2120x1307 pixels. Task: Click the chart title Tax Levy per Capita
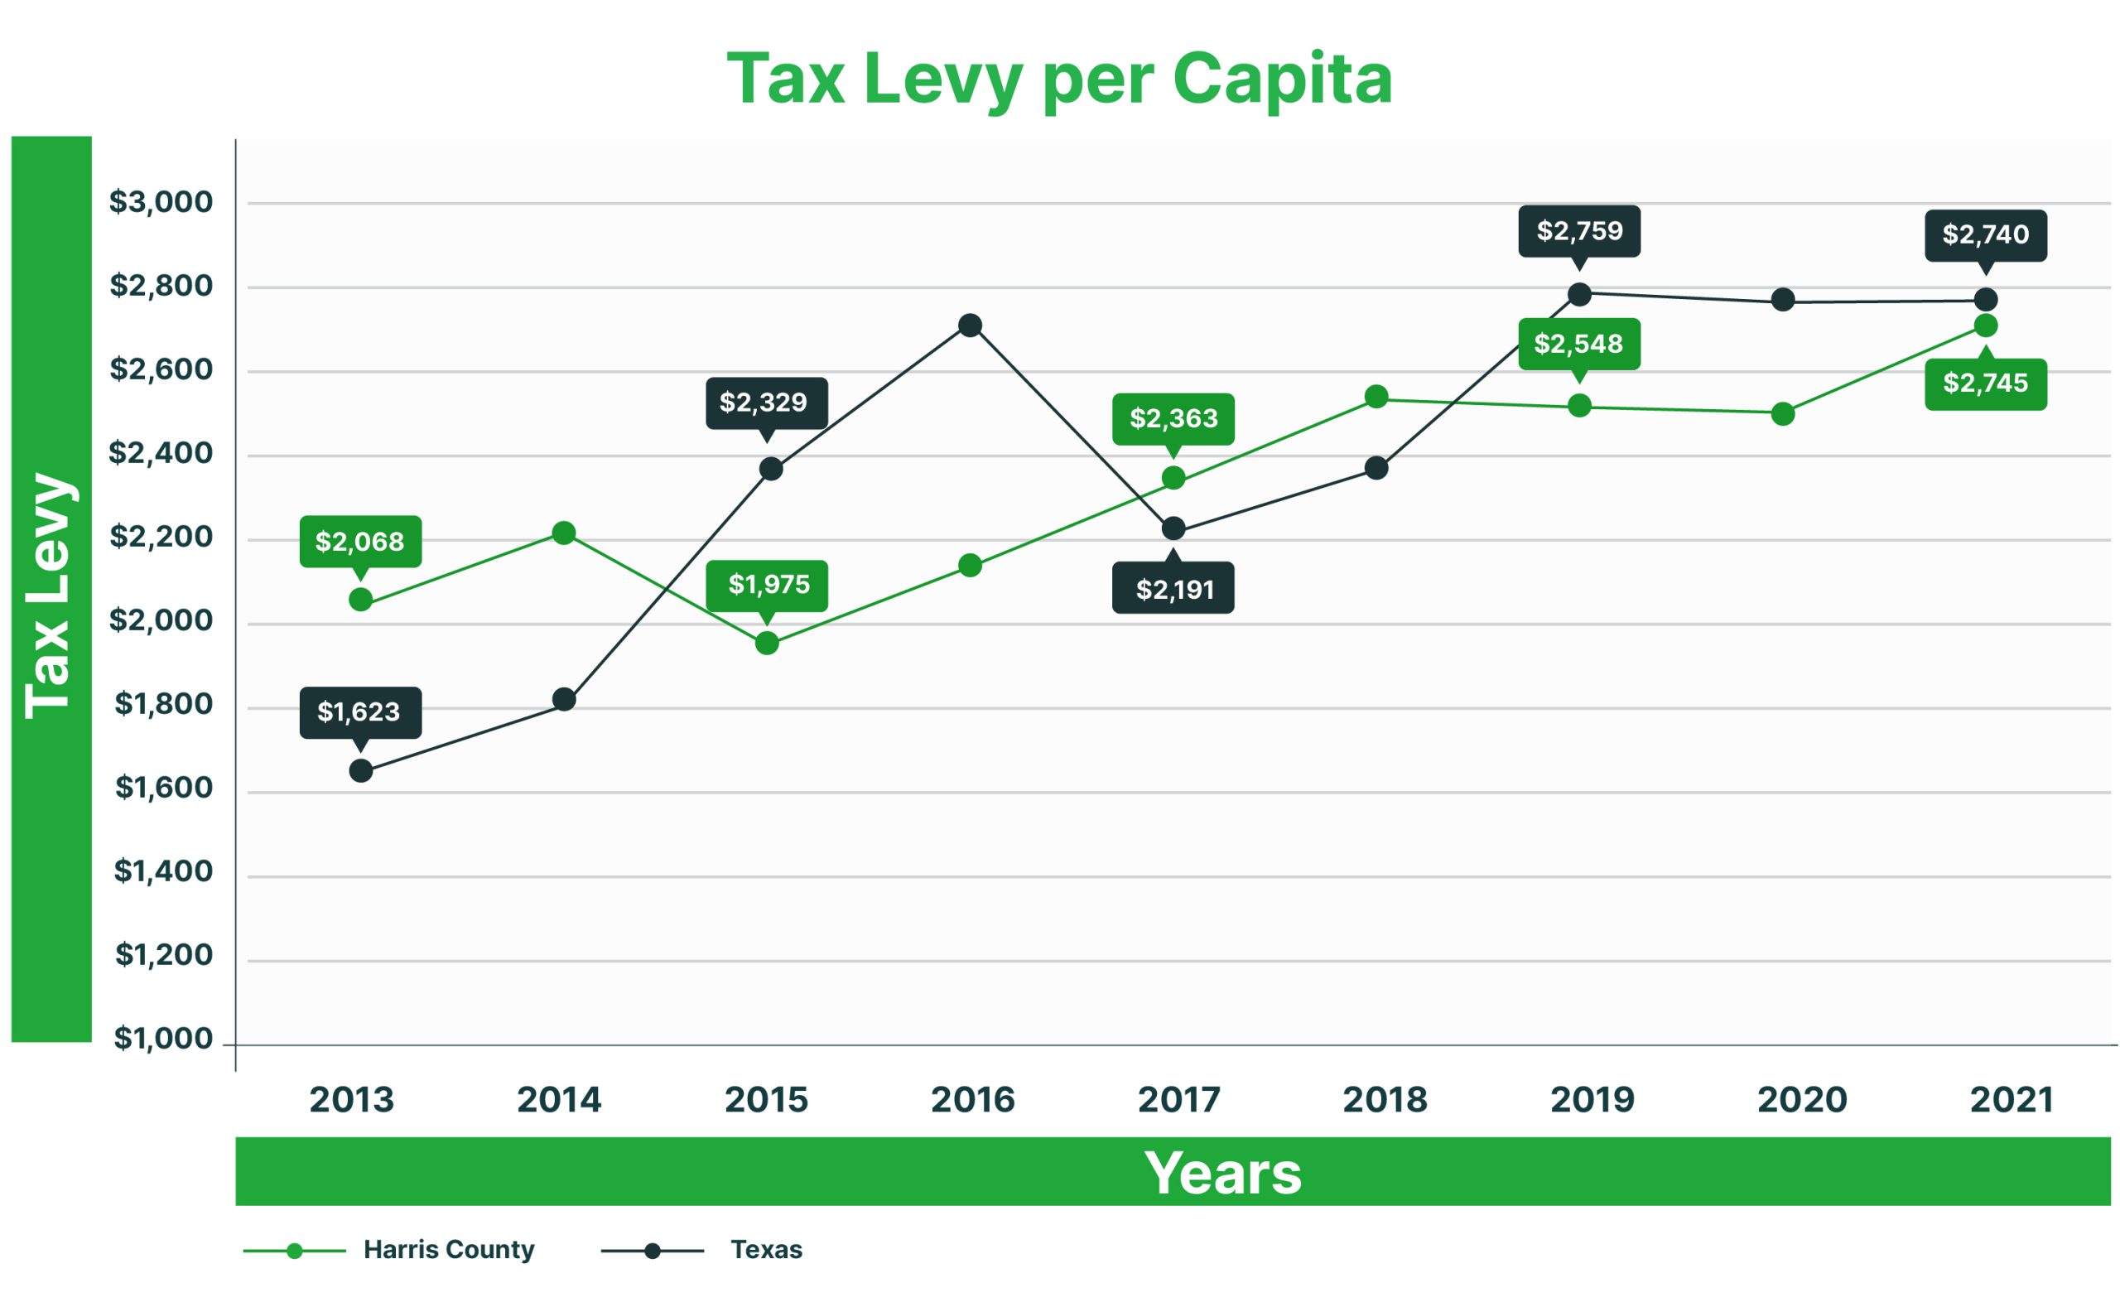[1058, 80]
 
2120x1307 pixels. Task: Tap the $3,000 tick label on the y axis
[161, 202]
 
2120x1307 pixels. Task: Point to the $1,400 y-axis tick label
[163, 871]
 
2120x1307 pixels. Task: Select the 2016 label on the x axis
[972, 1100]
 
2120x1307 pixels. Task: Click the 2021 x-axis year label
[2010, 1100]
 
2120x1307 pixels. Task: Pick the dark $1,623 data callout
[359, 712]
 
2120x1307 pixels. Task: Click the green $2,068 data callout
[359, 542]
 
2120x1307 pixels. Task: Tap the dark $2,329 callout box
[766, 403]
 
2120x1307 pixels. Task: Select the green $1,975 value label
[767, 586]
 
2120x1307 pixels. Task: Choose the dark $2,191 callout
[1173, 589]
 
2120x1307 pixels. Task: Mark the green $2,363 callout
[1173, 419]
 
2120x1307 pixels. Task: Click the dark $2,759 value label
[1579, 231]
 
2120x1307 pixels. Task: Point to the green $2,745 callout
[1985, 383]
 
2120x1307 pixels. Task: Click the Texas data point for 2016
[970, 325]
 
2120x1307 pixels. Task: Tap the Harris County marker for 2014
[563, 533]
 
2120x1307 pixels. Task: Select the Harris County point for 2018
[1376, 397]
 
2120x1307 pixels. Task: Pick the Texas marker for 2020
[1782, 300]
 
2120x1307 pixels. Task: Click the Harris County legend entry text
[449, 1250]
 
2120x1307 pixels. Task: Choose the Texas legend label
[766, 1250]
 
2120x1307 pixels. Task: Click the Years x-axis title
[1222, 1173]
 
